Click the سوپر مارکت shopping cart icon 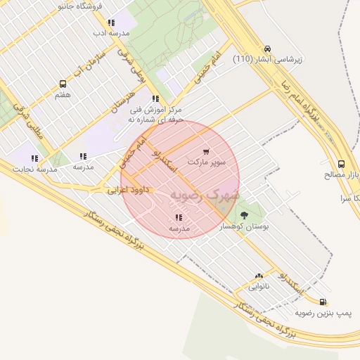[206, 151]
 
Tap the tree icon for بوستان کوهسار [244, 215]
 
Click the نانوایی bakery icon [259, 276]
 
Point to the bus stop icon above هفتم [63, 84]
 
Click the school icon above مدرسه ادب [111, 22]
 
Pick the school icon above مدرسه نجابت [33, 159]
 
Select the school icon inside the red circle [178, 217]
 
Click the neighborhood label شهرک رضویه [205, 195]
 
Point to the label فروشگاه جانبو [78, 6]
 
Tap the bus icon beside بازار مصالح [341, 163]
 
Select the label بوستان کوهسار [240, 226]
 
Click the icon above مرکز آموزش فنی [155, 99]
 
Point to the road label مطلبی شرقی [33, 127]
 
